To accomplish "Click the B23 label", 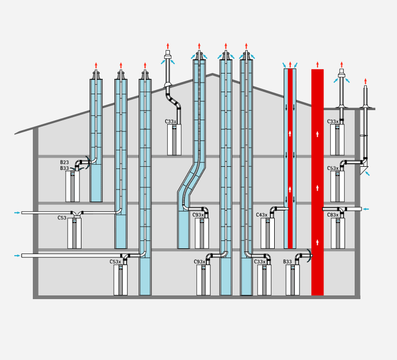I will point(64,163).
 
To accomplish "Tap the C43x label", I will point(261,215).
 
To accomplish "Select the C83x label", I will point(332,215).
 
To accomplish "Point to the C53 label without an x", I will point(62,218).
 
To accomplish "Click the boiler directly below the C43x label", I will point(268,233).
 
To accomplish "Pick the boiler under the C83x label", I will point(338,233).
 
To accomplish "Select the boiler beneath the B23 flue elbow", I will point(73,186).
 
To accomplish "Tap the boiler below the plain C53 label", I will point(74,233).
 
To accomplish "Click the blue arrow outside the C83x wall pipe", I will point(366,209).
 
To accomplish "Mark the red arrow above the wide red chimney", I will point(318,64).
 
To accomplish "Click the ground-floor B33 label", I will point(287,262).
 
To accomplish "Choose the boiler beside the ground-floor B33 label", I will point(293,280).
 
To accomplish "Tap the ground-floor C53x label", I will point(115,262).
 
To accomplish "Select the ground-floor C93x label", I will point(199,262).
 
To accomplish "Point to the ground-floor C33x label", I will point(260,262).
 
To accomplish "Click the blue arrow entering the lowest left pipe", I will point(17,256).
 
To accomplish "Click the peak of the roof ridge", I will point(213,74).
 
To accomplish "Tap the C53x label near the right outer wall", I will point(332,168).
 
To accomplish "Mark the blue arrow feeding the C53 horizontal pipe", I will point(17,213).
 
